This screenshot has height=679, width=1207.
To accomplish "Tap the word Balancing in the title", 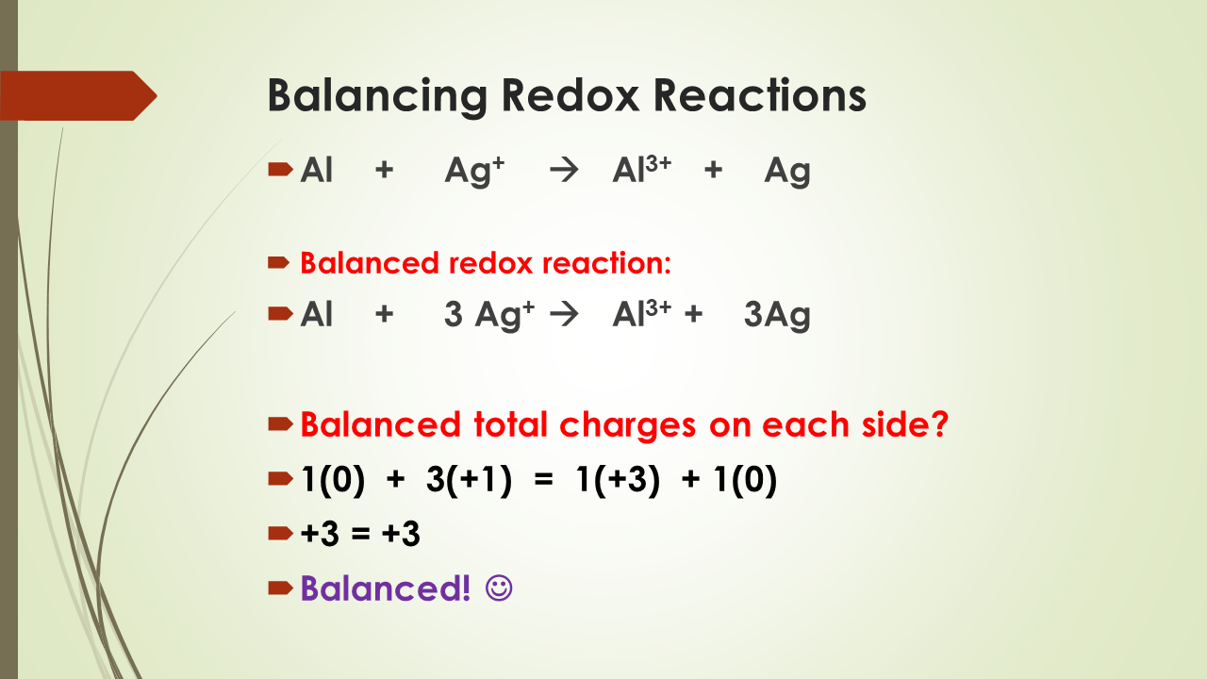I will [377, 97].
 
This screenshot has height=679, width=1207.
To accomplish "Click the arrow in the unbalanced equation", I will [563, 172].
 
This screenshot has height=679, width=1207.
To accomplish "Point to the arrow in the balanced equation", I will [563, 315].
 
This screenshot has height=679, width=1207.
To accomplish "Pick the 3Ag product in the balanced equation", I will [777, 316].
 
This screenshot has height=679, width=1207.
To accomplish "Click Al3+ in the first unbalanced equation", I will [641, 171].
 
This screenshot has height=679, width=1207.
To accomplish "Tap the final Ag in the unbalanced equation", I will [787, 172].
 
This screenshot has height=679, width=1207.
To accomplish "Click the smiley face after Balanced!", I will [499, 588].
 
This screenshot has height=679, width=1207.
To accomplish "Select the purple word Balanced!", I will [386, 588].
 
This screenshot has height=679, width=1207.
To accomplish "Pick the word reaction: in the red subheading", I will [606, 263].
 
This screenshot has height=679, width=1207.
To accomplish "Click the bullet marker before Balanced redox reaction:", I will [279, 262].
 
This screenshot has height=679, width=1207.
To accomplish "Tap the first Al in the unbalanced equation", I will [317, 172].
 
